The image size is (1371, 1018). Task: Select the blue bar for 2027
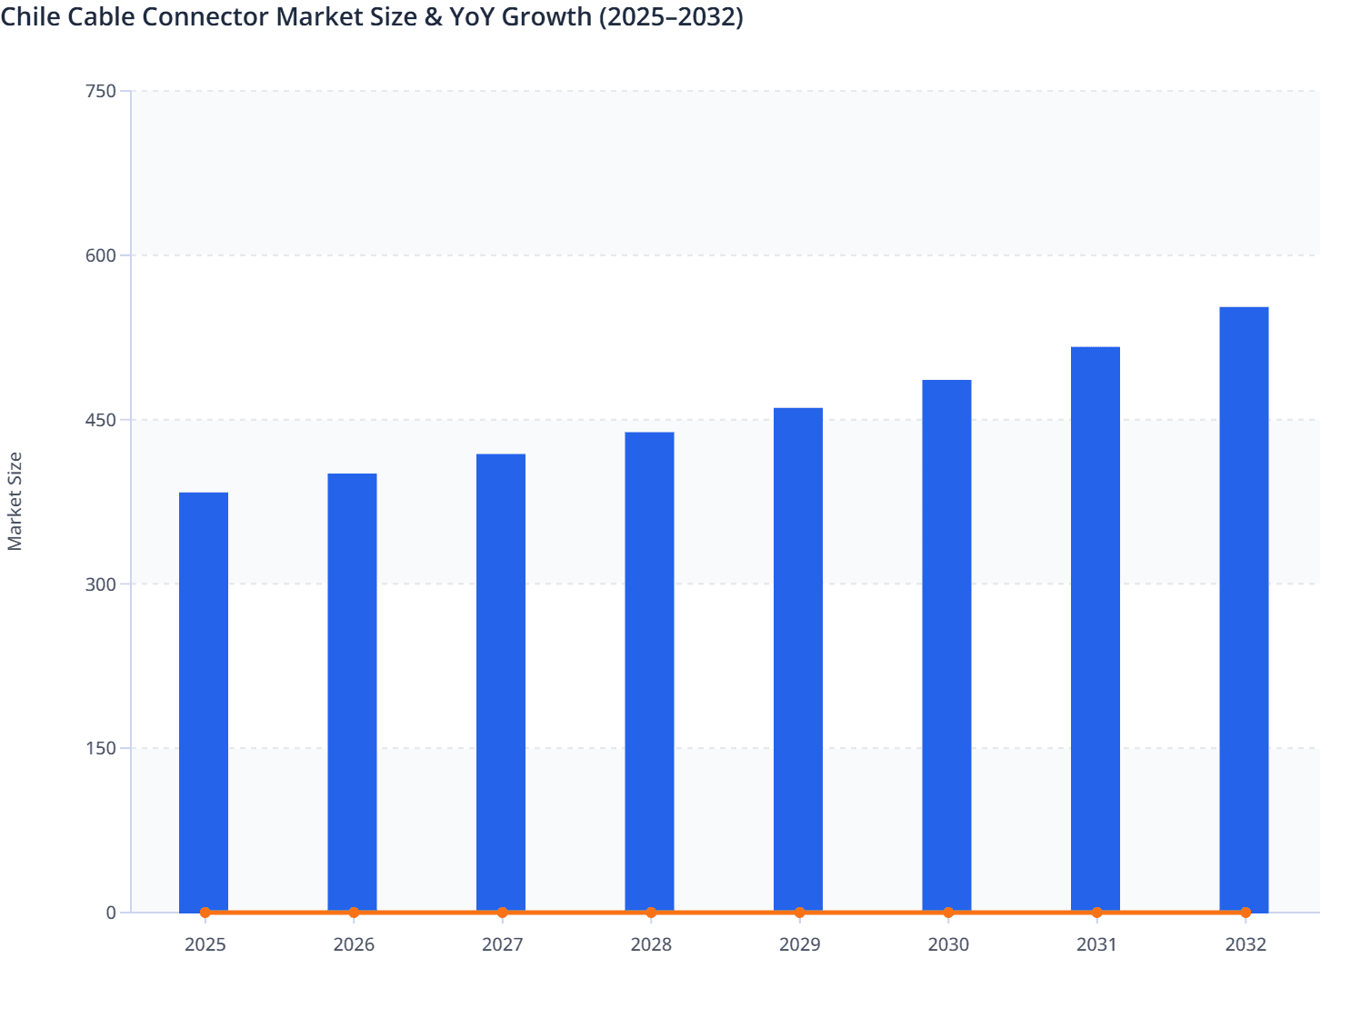(x=501, y=683)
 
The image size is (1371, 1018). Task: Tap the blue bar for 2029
(x=798, y=660)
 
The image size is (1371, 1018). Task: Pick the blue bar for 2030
(x=946, y=645)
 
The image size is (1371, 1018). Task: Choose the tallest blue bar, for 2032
(x=1244, y=609)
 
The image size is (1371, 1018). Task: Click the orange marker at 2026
(x=354, y=913)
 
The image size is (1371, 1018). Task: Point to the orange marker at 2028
(x=651, y=913)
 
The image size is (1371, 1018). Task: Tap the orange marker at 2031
(x=1096, y=913)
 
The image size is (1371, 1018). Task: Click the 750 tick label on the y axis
(x=100, y=91)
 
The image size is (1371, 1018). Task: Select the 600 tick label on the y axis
(x=100, y=255)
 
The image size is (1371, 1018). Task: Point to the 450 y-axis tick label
(x=100, y=420)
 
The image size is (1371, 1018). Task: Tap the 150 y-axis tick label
(x=100, y=748)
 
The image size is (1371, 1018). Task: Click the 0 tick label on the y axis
(x=111, y=913)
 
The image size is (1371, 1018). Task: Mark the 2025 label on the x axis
(x=205, y=944)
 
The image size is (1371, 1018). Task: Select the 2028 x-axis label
(x=651, y=944)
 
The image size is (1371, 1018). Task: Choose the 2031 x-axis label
(x=1096, y=944)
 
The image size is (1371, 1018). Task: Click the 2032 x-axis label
(x=1246, y=944)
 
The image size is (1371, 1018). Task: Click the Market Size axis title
(x=15, y=501)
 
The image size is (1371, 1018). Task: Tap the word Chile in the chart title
(x=30, y=16)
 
